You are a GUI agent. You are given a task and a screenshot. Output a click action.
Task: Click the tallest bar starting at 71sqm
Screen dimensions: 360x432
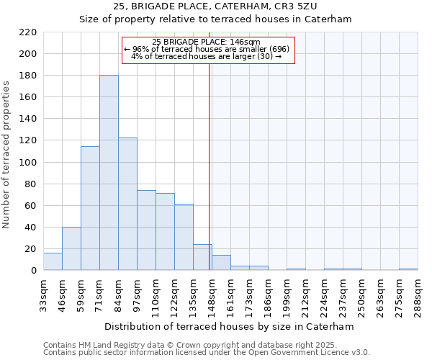point(109,173)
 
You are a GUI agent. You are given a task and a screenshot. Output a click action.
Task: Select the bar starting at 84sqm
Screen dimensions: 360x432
point(127,204)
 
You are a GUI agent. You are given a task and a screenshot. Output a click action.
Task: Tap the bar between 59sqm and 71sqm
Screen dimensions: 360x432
point(90,208)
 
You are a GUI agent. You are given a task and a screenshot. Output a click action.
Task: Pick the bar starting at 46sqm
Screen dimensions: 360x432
point(71,248)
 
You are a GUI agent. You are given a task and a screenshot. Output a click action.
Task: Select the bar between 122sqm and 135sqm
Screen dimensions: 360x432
point(184,237)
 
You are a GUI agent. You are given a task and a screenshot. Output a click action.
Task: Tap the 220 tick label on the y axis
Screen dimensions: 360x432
point(28,32)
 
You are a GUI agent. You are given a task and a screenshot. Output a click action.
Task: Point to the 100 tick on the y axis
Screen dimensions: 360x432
point(28,162)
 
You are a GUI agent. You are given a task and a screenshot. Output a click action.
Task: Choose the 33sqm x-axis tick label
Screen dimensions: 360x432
point(43,294)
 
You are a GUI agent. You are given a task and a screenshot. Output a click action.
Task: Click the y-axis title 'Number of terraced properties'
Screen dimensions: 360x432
point(6,155)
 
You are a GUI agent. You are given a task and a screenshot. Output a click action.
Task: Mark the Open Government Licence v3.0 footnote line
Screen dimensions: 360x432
point(207,352)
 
